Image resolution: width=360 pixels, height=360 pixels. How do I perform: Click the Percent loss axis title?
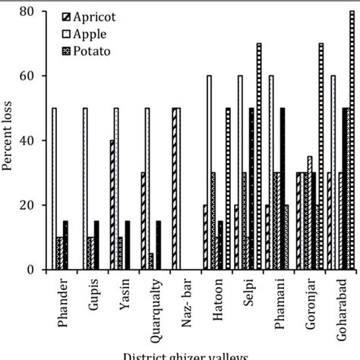(9, 141)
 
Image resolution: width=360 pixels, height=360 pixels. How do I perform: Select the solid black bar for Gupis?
(96, 245)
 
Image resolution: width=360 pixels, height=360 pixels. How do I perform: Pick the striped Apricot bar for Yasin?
(111, 205)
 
